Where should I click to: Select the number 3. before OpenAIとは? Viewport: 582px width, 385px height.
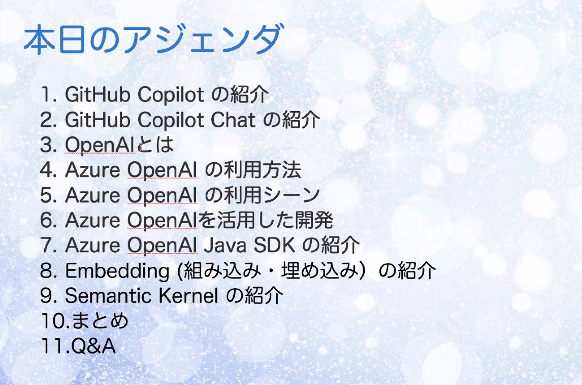[49, 146]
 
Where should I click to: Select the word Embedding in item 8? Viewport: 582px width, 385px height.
[117, 271]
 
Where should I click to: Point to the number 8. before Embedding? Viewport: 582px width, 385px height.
[49, 271]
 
